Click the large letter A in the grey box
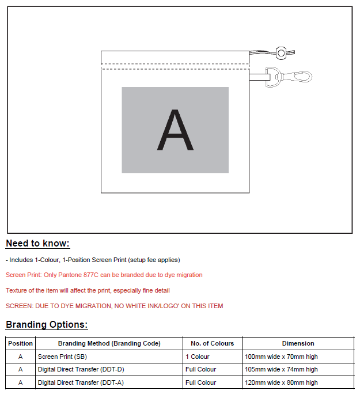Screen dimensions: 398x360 pos(175,130)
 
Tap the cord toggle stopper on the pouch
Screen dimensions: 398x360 pos(281,53)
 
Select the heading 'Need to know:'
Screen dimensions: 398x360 pos(37,244)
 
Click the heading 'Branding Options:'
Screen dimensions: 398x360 pos(47,325)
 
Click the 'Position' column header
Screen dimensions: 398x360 pos(21,344)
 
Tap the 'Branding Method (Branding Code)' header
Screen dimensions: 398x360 pos(109,344)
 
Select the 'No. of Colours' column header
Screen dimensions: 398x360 pos(213,344)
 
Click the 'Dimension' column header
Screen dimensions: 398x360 pos(298,344)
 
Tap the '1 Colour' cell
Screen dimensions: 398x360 pos(198,357)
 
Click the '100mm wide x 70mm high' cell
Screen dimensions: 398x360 pos(281,357)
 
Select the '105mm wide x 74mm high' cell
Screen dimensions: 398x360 pos(281,370)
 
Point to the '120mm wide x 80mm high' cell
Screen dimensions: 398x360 pos(281,382)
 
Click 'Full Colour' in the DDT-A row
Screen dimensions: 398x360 pos(201,382)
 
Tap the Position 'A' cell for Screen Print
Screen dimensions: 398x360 pos(21,357)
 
